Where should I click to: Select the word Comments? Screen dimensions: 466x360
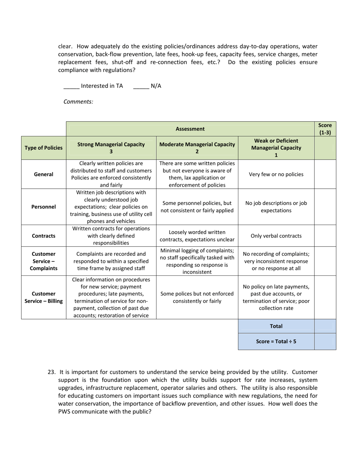point(78,102)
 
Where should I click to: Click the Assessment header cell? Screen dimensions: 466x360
point(190,129)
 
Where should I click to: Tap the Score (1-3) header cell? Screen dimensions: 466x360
point(325,129)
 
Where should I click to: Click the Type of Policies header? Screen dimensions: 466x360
point(44,148)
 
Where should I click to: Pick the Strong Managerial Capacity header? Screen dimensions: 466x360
point(111,148)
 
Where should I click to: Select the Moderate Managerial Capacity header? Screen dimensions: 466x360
point(197,148)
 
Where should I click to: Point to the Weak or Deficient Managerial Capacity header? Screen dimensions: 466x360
point(276,148)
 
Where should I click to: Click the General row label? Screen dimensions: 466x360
point(44,174)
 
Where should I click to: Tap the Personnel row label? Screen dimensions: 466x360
point(44,207)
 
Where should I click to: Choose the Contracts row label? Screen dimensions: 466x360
point(44,236)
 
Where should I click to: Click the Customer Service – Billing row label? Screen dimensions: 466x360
point(44,297)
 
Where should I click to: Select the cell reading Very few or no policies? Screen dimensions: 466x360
point(276,174)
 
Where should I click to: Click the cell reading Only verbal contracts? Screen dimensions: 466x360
point(276,236)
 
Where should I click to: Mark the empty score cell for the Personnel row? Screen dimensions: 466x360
point(325,207)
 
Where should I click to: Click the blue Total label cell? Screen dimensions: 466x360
point(276,326)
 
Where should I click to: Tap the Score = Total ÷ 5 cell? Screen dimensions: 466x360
point(276,341)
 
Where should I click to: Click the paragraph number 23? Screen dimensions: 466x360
point(52,372)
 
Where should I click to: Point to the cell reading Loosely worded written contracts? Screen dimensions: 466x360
point(197,236)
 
